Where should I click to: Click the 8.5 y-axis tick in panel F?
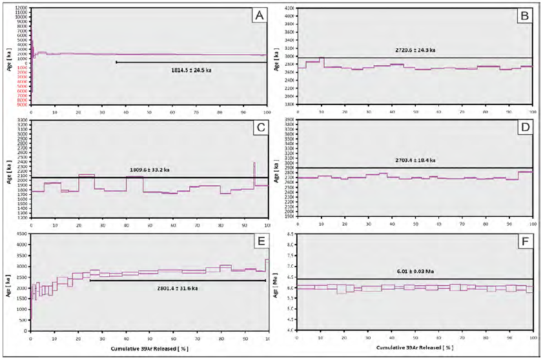click(290, 234)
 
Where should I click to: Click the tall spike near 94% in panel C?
click(254, 173)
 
